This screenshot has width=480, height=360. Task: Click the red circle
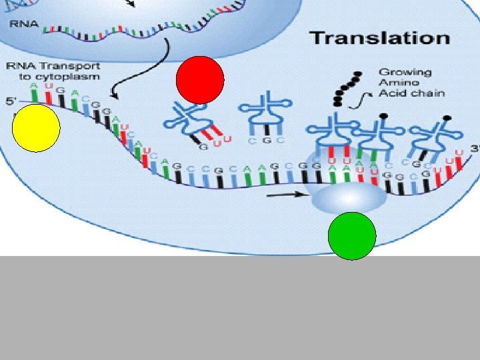click(x=200, y=79)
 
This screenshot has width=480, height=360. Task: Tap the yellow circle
click(x=36, y=127)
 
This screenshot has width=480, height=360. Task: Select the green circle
click(x=352, y=235)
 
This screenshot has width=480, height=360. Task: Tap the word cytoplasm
click(x=76, y=76)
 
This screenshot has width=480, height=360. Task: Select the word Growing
click(x=405, y=72)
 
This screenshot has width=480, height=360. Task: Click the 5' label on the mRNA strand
click(x=10, y=102)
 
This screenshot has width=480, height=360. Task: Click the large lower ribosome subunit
click(x=347, y=197)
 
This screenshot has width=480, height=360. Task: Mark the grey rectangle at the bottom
click(x=240, y=308)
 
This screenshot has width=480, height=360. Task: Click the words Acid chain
click(x=411, y=93)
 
